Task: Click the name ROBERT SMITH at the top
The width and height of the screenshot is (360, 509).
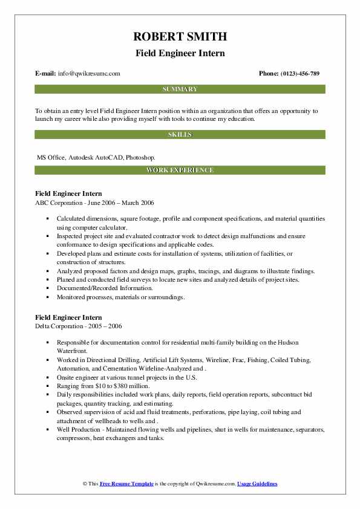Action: (179, 37)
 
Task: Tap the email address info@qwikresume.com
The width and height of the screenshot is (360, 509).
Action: (89, 74)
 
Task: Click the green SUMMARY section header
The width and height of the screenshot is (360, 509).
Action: (180, 89)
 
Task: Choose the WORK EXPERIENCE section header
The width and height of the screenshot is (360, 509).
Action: (180, 170)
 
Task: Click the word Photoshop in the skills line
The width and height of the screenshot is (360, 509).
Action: (142, 157)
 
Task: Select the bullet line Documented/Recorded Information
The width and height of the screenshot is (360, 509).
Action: (101, 289)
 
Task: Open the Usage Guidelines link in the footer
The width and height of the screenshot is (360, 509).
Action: (257, 484)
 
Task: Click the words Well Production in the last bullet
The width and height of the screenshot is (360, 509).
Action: (80, 430)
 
